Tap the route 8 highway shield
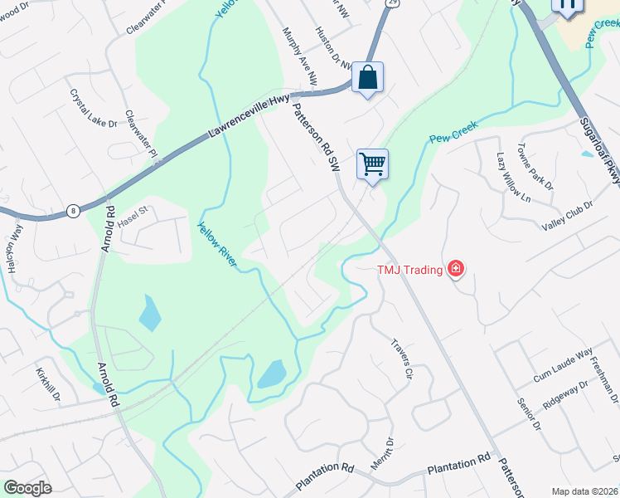[74, 211]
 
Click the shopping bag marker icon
[367, 78]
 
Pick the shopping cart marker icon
[372, 164]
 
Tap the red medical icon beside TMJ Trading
[454, 268]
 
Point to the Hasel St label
[131, 212]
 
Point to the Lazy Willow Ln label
[512, 176]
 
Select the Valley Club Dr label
[568, 216]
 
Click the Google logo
[28, 488]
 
